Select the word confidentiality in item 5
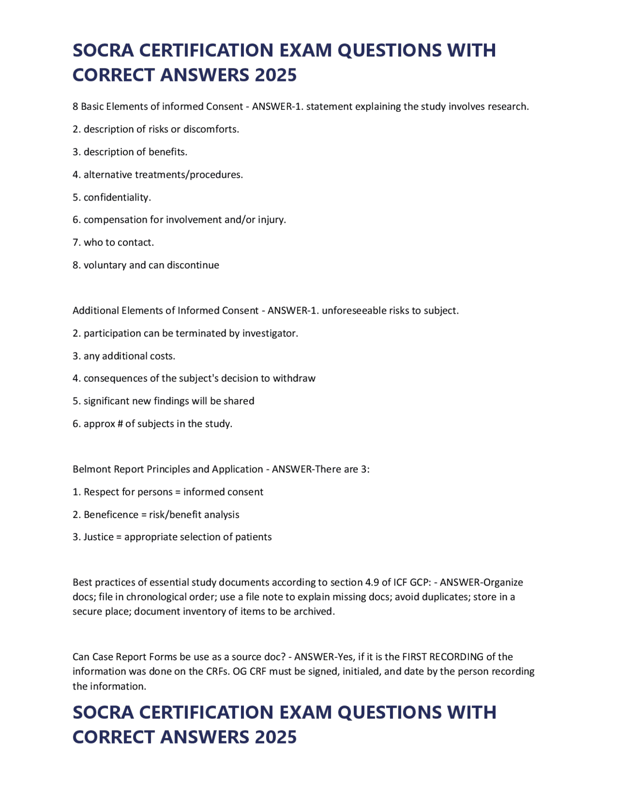117,197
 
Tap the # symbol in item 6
120,424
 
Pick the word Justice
98,537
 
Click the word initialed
362,671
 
